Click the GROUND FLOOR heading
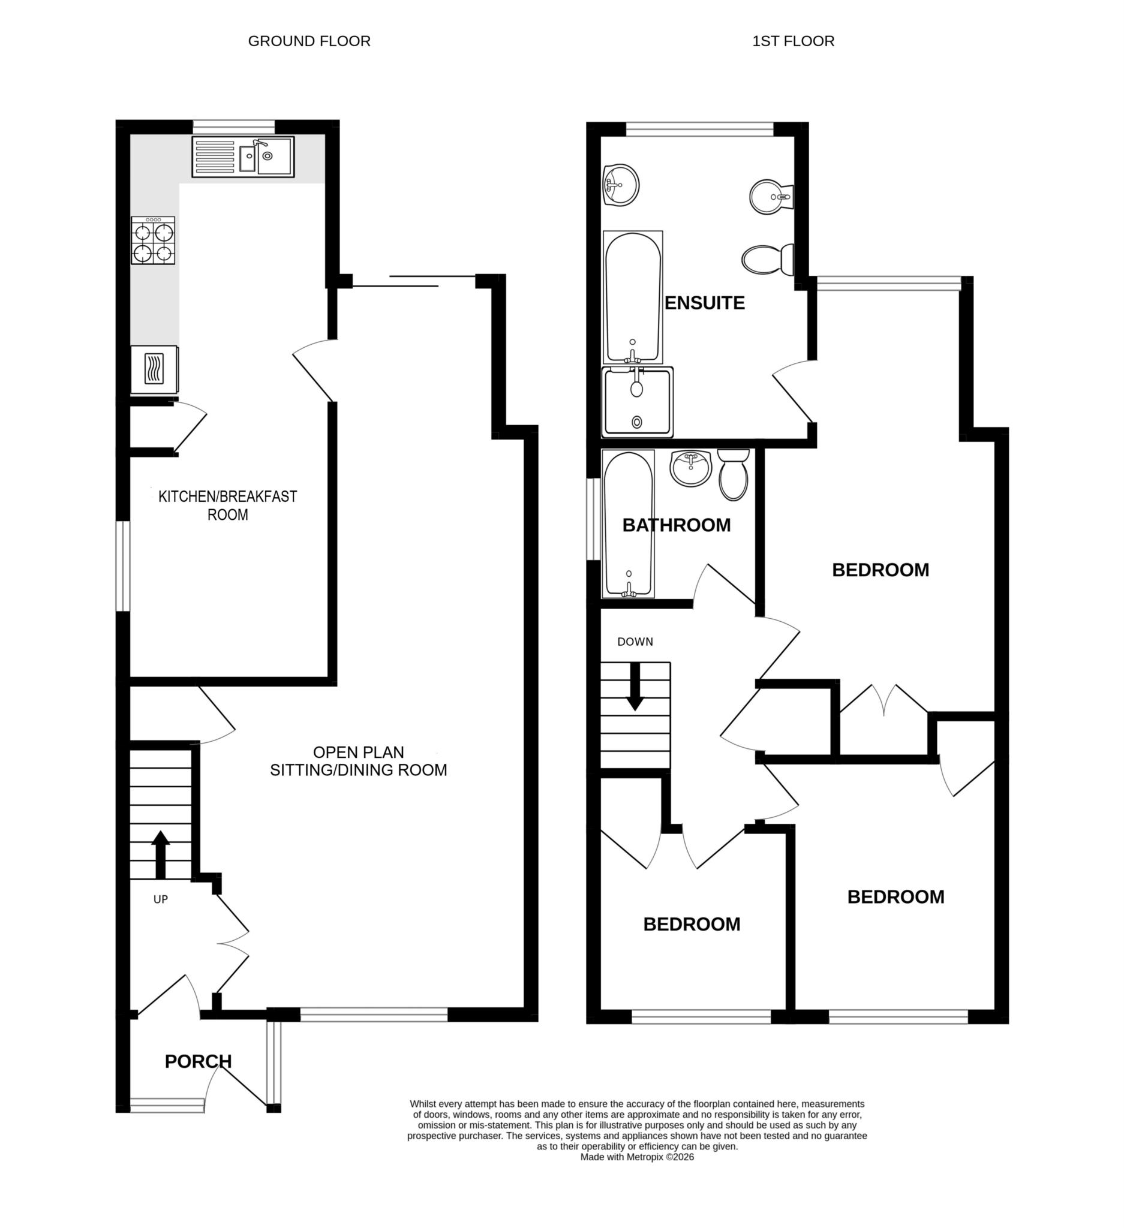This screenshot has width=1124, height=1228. tap(309, 41)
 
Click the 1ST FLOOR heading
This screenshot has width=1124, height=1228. tap(792, 41)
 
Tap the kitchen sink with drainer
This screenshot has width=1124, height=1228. tap(242, 156)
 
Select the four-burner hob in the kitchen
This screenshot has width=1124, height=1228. tap(153, 240)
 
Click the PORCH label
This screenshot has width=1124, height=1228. tap(198, 1061)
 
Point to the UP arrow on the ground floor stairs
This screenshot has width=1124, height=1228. tap(160, 853)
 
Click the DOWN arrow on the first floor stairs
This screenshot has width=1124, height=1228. tap(635, 687)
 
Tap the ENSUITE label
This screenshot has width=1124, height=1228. tap(704, 303)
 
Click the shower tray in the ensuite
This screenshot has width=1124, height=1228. tap(637, 402)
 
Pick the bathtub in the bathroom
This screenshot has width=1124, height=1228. tap(627, 524)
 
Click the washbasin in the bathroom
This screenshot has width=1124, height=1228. tap(690, 468)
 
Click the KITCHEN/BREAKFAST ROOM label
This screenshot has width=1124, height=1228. tap(227, 505)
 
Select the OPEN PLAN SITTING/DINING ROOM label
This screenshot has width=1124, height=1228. tap(358, 761)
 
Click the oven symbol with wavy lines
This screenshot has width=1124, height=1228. tap(154, 370)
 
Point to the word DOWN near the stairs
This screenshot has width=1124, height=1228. tap(635, 642)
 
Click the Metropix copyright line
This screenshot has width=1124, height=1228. tap(636, 1157)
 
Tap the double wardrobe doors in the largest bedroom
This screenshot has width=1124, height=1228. tap(883, 699)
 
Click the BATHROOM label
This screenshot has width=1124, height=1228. tap(676, 525)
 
